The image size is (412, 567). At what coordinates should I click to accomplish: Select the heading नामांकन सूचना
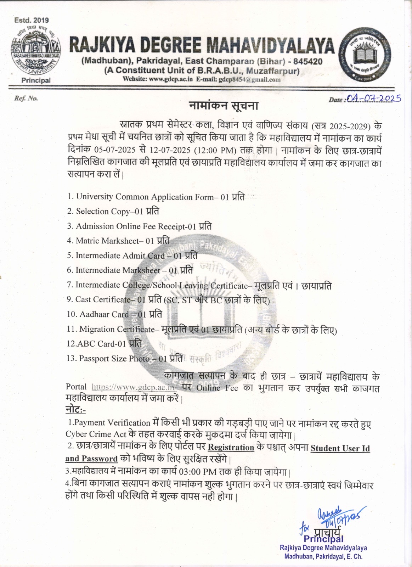[224, 106]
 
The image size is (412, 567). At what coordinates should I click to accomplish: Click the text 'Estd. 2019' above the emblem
[32, 20]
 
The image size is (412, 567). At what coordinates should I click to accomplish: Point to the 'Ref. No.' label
[26, 98]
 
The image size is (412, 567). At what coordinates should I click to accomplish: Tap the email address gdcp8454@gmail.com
[249, 79]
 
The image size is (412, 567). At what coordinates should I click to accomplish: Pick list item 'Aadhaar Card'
[104, 314]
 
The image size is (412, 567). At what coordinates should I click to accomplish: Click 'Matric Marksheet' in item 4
[107, 241]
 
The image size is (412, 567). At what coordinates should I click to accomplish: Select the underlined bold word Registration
[231, 447]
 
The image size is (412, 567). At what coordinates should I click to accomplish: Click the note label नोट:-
[75, 410]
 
